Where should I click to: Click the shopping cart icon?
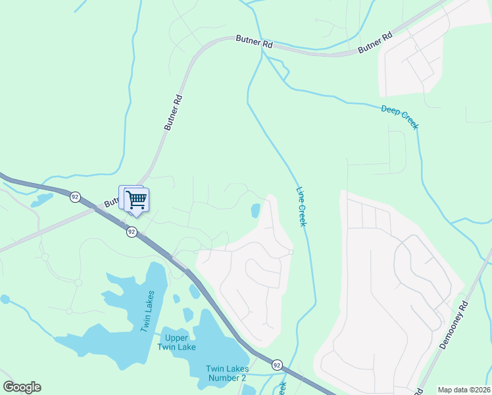tap(136, 199)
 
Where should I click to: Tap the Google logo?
tap(22, 387)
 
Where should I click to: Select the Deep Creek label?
tap(399, 117)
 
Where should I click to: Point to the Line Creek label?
tap(301, 205)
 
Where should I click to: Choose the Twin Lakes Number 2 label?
tap(226, 373)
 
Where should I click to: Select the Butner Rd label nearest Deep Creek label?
tap(375, 43)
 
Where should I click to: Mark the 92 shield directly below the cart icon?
tap(132, 232)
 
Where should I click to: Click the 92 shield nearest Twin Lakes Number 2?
tap(277, 364)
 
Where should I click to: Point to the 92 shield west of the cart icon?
tap(75, 196)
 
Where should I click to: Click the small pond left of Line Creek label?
tap(255, 211)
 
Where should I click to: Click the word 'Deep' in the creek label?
tap(389, 110)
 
